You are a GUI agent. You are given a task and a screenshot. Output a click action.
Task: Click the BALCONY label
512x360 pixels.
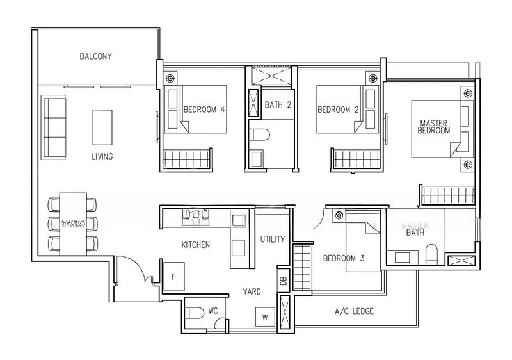pos(95,56)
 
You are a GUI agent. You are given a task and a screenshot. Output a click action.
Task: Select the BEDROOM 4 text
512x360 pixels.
pos(204,110)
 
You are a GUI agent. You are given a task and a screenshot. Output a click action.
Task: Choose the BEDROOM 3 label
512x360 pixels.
pos(343,259)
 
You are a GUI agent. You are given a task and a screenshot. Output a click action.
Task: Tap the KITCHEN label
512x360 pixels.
pos(196,245)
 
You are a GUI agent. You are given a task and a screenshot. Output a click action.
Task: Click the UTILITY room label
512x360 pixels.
pos(273,240)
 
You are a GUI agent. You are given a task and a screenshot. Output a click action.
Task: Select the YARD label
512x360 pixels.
pos(252,291)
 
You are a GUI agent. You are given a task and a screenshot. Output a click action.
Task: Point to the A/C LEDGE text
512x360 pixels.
pos(354,312)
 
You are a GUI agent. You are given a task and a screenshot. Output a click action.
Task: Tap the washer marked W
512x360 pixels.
pos(264,317)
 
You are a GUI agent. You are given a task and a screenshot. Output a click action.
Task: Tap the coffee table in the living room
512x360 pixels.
pos(102,127)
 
